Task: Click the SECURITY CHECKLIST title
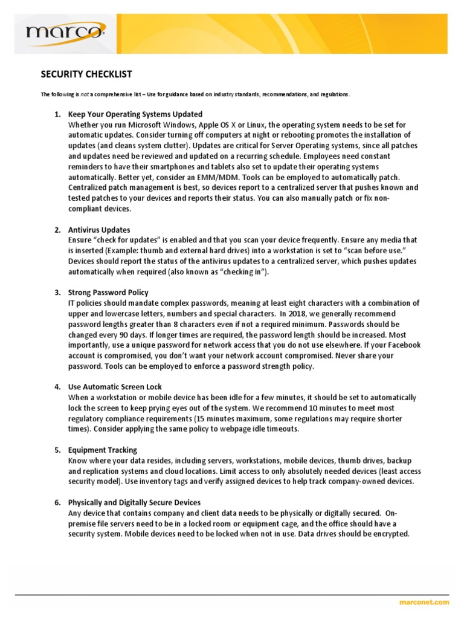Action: click(x=86, y=74)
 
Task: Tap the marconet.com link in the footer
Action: click(x=424, y=602)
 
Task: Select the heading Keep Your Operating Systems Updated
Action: click(x=135, y=114)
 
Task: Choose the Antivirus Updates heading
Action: click(x=99, y=230)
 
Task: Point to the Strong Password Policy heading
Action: click(x=108, y=293)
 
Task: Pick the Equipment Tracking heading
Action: click(x=103, y=450)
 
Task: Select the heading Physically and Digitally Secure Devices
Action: click(x=134, y=502)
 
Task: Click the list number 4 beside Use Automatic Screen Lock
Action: click(x=57, y=387)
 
